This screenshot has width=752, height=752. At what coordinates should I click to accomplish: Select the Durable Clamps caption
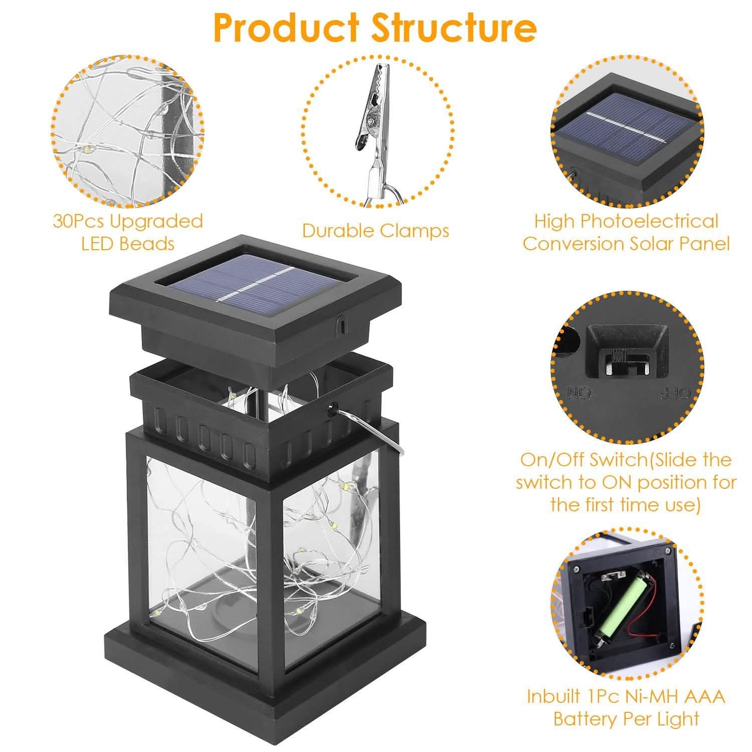pos(375,231)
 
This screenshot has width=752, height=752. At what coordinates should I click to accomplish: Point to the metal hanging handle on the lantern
pos(371,426)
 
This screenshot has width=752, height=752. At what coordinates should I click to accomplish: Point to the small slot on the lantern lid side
pos(341,323)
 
